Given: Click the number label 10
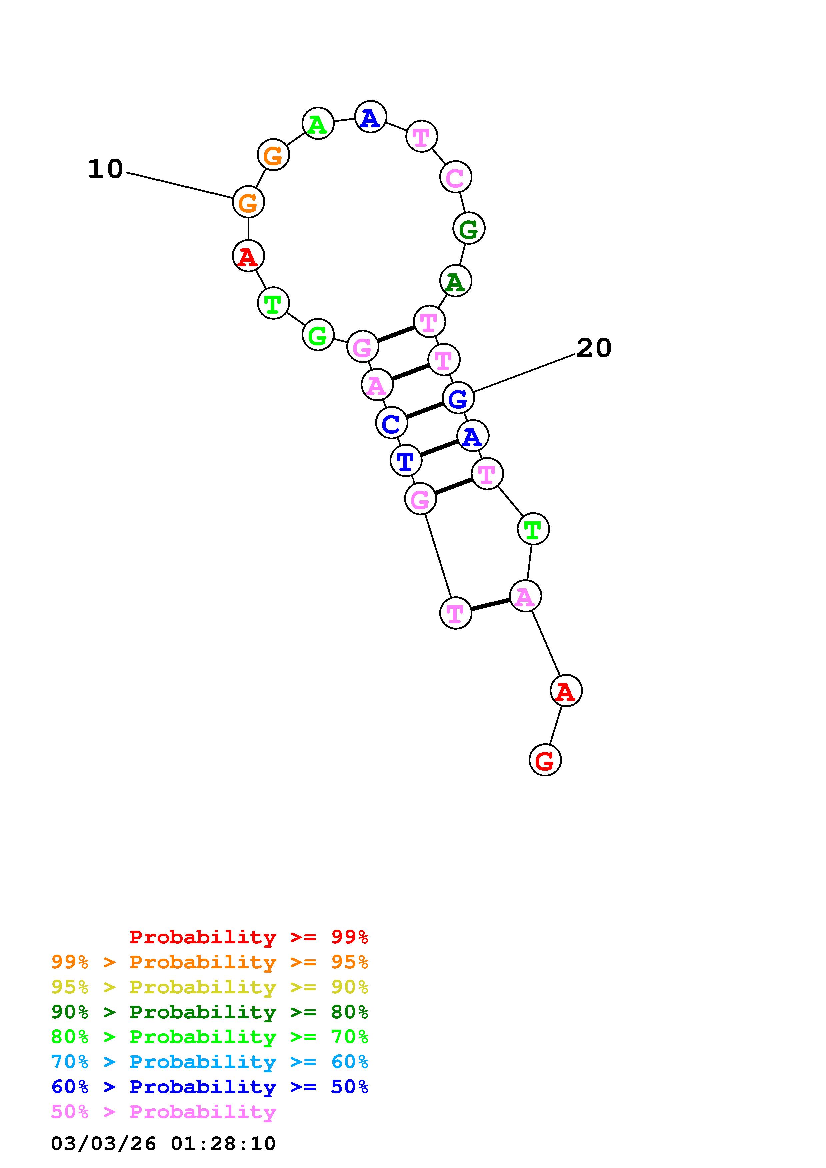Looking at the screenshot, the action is (105, 169).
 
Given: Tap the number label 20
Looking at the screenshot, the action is (593, 349).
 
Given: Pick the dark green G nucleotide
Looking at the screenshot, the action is (469, 228).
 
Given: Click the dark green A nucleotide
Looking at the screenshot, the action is (455, 281).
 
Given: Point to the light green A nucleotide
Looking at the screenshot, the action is (318, 124).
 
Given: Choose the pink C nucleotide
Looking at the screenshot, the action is (455, 177).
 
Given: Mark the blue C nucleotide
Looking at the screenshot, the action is (391, 423).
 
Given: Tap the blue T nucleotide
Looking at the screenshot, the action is (406, 461).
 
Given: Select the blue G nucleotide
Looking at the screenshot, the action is (458, 398).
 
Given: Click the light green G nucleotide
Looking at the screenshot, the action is (318, 335).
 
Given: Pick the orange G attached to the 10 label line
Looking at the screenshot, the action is (248, 202).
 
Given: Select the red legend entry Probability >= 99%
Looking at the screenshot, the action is (249, 937).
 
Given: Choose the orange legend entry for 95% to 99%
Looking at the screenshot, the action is (210, 962).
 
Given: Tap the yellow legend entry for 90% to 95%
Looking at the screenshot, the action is (210, 987).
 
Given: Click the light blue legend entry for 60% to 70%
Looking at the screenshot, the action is (210, 1062).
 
